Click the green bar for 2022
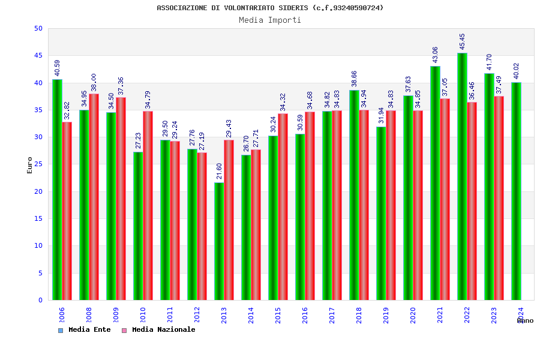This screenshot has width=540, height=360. (462, 176)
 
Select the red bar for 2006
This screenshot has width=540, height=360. (67, 211)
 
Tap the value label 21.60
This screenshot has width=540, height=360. (220, 171)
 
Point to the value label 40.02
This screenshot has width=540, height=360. (517, 71)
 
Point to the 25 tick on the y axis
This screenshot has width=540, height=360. (38, 164)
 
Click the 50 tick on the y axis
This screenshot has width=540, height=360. (38, 28)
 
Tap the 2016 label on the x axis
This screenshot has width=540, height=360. (305, 316)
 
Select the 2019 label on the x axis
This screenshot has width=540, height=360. (386, 316)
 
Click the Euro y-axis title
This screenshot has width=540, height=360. (30, 165)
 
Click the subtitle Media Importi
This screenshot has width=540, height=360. (270, 20)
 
